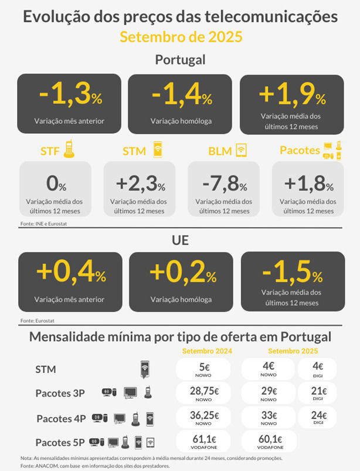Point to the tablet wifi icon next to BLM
[240, 150]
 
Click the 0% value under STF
[56, 184]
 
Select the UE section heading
[180, 240]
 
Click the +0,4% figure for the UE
[70, 273]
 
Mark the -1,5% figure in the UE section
[291, 272]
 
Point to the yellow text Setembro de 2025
[180, 37]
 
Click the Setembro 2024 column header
[207, 351]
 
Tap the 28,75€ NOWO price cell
[204, 394]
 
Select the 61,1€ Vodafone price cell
[204, 442]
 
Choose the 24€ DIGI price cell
[317, 418]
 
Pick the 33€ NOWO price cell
[268, 418]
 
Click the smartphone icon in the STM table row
[144, 370]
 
